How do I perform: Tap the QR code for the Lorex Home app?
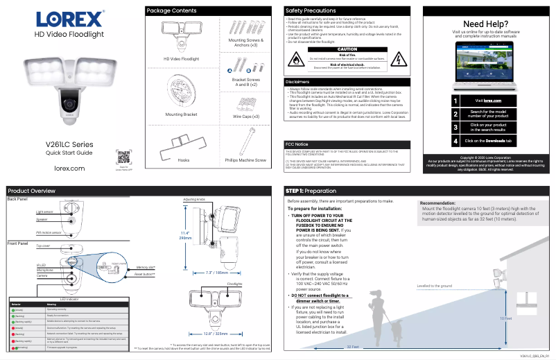123,156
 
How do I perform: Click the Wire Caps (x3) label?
245,117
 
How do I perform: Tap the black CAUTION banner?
347,49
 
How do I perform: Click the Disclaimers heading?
297,82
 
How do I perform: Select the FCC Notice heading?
297,143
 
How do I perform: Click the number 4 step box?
455,141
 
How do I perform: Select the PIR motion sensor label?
49,233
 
